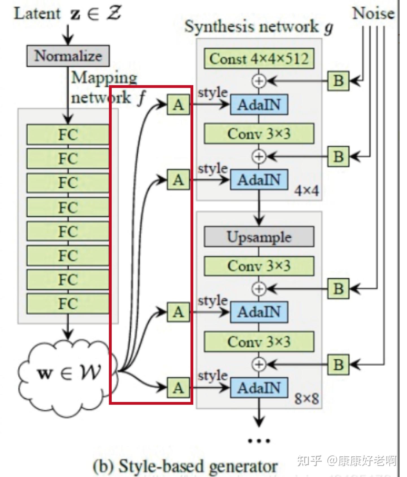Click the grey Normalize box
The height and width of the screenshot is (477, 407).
point(68,56)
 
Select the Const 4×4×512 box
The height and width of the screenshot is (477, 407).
point(259,59)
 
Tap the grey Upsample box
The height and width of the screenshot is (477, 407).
point(259,237)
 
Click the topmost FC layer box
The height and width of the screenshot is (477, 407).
point(68,134)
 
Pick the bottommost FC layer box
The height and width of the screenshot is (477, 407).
point(68,304)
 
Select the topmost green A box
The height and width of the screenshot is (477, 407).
point(178,105)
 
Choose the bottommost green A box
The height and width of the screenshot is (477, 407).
point(178,388)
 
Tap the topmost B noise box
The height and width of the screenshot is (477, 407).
point(338,81)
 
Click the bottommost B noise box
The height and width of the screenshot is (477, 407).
point(338,364)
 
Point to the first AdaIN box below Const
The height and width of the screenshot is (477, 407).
point(259,105)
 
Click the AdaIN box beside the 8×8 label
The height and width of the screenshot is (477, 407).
point(259,388)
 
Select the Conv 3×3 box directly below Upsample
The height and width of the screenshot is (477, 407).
point(259,266)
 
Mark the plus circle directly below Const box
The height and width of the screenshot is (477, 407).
point(259,81)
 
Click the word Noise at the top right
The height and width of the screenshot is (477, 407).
point(373,13)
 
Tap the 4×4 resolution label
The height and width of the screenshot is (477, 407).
point(306,191)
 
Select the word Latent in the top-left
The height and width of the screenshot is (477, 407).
point(37,14)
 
